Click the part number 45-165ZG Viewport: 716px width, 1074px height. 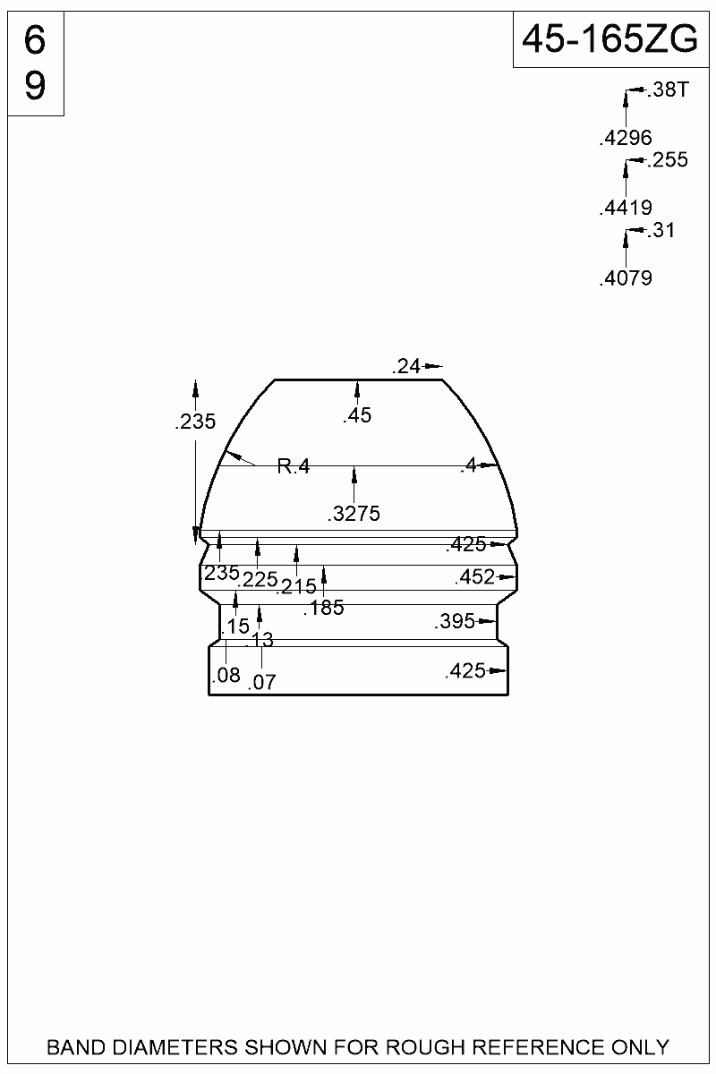point(609,39)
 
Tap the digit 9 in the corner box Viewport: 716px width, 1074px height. point(35,87)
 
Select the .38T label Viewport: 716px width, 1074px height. point(666,89)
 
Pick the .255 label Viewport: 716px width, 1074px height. point(668,160)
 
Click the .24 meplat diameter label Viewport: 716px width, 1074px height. point(406,365)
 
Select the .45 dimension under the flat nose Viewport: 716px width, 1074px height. point(357,415)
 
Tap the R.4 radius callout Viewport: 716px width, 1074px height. point(293,465)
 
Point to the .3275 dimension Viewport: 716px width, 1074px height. point(354,514)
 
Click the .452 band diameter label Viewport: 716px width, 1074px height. point(474,577)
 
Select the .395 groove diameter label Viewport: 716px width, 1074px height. point(454,621)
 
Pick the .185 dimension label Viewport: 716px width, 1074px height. point(323,609)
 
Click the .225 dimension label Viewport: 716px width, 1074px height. point(258,580)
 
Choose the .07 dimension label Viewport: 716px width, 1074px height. point(261,683)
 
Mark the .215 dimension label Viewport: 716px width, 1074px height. point(296,587)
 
